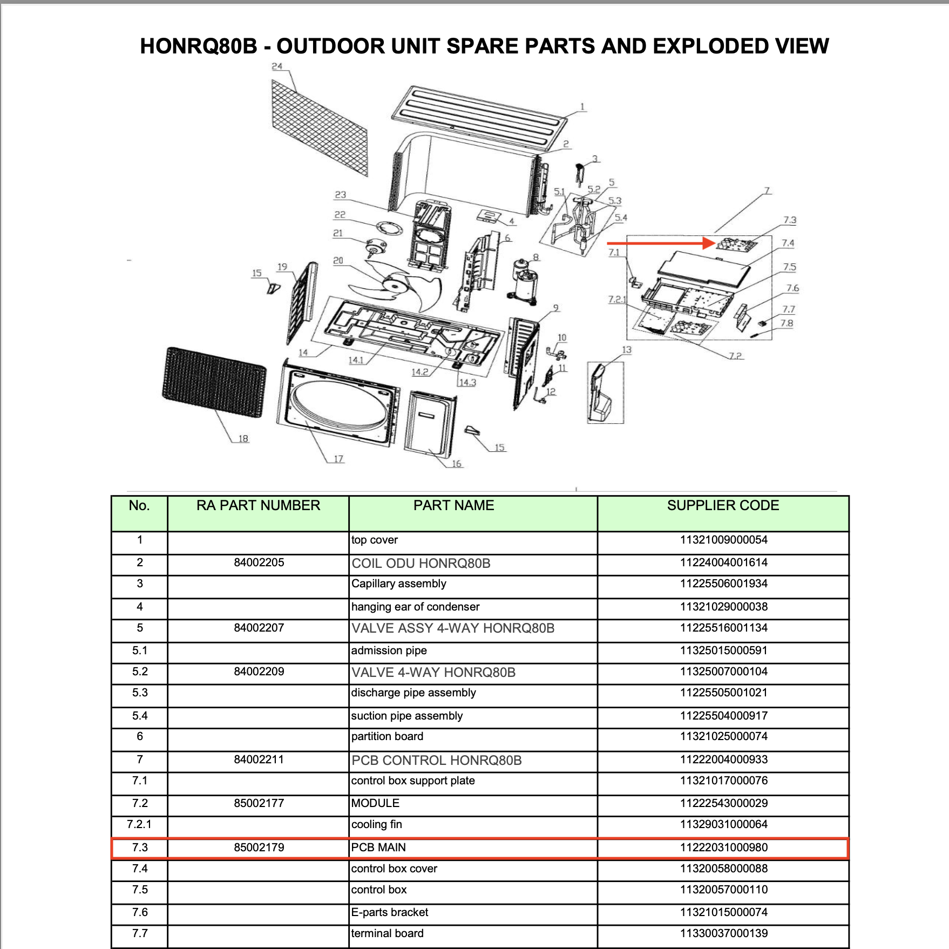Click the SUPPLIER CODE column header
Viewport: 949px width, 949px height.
tap(723, 505)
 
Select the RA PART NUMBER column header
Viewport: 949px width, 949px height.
tap(258, 505)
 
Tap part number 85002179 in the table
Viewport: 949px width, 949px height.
tap(259, 848)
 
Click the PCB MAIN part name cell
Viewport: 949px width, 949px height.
tap(378, 848)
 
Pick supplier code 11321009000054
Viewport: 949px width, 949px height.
tap(723, 540)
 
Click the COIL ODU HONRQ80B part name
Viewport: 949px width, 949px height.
tap(421, 564)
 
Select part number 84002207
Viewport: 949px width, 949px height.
tap(259, 628)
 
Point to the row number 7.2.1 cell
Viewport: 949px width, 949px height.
tap(139, 824)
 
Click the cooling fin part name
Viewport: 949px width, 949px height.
tap(377, 824)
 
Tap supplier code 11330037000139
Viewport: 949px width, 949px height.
tap(723, 933)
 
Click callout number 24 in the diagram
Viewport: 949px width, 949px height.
tap(277, 66)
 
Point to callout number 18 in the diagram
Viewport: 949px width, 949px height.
tap(243, 439)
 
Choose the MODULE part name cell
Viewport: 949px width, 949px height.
tap(375, 803)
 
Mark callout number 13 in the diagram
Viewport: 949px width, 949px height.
tap(626, 350)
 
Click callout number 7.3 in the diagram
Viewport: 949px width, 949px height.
tap(790, 220)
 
